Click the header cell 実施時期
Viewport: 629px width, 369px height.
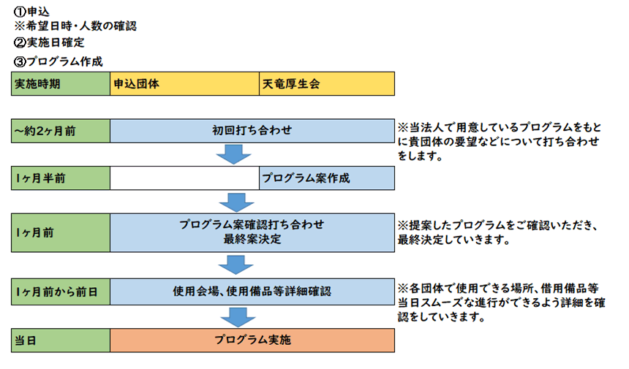click(61, 84)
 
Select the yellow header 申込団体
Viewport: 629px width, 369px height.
click(184, 84)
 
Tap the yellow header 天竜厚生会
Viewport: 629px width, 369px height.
click(327, 84)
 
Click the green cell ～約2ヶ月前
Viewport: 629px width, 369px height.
click(61, 131)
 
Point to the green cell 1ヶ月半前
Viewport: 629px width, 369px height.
click(61, 178)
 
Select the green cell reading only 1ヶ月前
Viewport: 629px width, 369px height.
click(61, 233)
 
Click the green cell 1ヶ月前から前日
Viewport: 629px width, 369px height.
click(61, 292)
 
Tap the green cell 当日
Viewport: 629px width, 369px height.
click(61, 341)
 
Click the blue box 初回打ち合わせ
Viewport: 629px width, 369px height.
click(252, 131)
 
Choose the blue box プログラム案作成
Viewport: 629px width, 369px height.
click(327, 178)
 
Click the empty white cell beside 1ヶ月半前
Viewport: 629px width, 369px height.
click(184, 178)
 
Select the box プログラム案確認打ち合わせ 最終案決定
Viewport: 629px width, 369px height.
click(252, 233)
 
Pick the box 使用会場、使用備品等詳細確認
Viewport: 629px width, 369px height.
click(252, 292)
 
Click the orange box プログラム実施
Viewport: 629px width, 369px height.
click(252, 341)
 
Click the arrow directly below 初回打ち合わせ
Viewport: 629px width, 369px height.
click(233, 155)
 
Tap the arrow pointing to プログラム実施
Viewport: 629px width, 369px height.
click(238, 317)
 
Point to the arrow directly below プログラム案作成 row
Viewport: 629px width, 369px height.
click(237, 202)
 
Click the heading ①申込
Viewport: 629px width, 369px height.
click(31, 12)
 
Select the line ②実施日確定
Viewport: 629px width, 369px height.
click(49, 42)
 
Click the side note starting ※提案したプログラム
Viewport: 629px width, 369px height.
click(497, 233)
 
